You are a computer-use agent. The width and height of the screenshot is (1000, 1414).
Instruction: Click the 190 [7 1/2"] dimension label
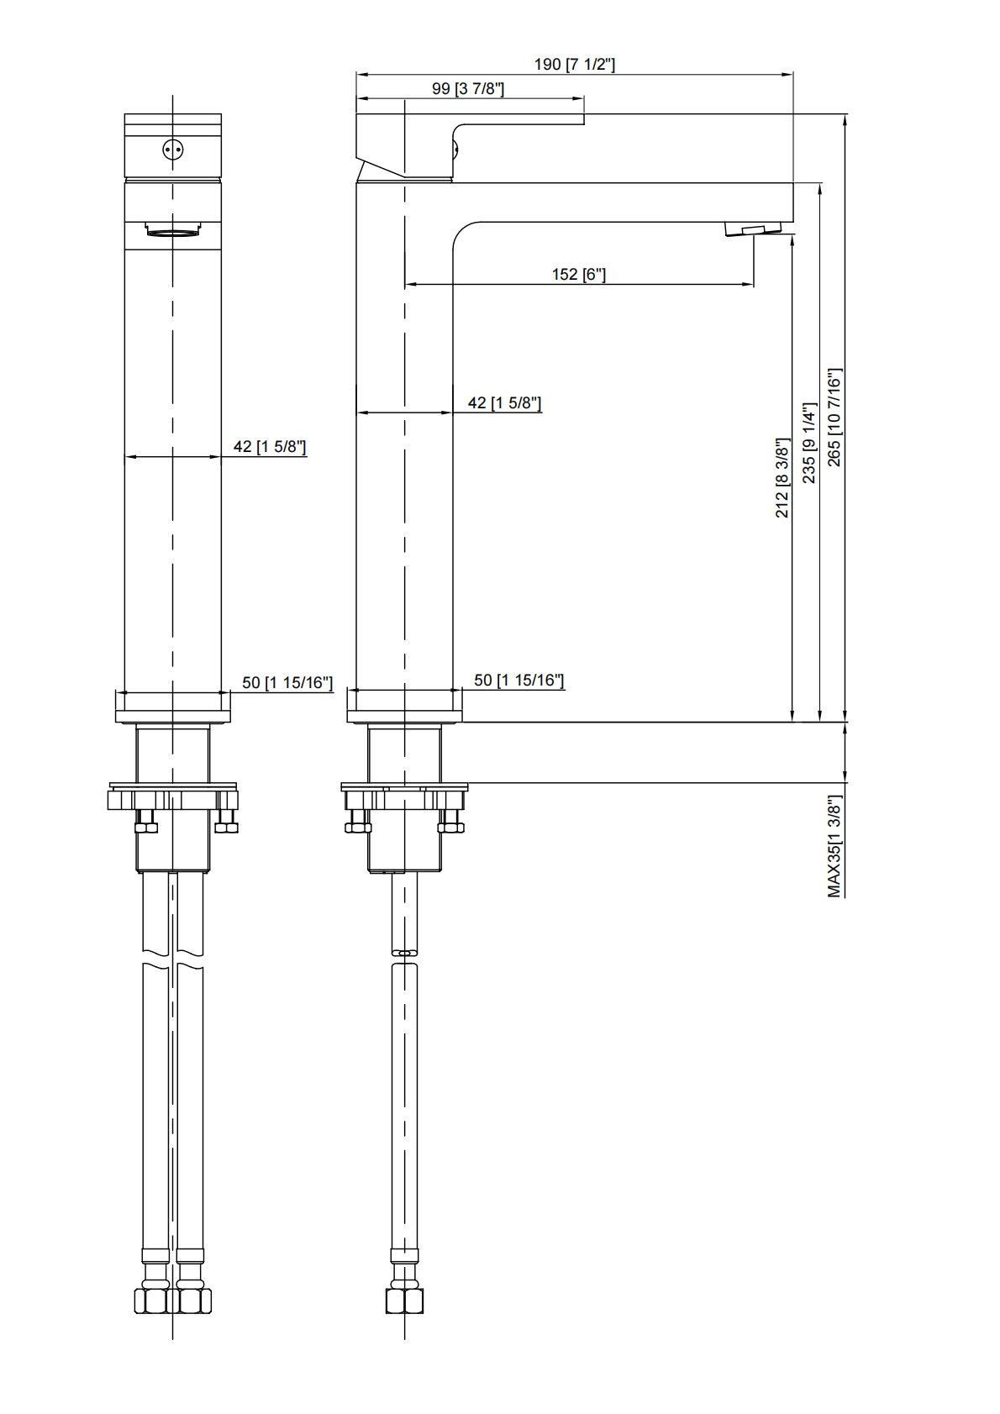tap(574, 65)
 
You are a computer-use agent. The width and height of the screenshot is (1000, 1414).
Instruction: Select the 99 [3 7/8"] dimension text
tap(467, 89)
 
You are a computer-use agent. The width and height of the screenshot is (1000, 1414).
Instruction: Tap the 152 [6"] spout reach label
tap(578, 275)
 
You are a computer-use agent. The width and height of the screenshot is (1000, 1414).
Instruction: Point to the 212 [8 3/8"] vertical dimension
tap(782, 477)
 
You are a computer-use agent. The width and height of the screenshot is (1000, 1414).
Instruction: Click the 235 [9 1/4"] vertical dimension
tap(808, 443)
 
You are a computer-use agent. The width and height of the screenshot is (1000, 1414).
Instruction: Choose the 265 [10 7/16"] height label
tap(834, 417)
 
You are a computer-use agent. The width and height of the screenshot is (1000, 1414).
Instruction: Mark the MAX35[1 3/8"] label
tap(834, 846)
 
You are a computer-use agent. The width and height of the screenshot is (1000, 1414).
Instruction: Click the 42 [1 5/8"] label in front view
tap(269, 447)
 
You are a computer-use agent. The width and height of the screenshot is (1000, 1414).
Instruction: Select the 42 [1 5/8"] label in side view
tap(504, 403)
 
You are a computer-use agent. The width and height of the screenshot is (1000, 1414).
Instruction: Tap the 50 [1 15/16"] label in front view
tap(287, 683)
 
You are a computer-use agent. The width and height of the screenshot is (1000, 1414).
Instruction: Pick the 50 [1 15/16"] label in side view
tap(518, 681)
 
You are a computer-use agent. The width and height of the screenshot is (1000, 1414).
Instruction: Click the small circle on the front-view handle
tap(173, 150)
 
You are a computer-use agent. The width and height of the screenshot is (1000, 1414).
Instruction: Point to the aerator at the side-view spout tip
tap(753, 229)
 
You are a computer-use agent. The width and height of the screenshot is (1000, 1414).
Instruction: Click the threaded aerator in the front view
tap(173, 229)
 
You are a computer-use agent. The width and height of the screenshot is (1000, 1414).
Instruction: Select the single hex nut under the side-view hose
tap(404, 1301)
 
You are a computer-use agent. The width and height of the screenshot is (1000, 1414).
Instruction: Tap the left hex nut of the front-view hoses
tap(152, 1301)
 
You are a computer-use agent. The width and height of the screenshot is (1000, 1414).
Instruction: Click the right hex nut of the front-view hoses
tap(193, 1301)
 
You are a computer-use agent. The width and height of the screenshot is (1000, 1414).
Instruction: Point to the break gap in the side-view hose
tap(404, 958)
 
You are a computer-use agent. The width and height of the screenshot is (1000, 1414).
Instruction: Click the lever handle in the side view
tap(471, 126)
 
